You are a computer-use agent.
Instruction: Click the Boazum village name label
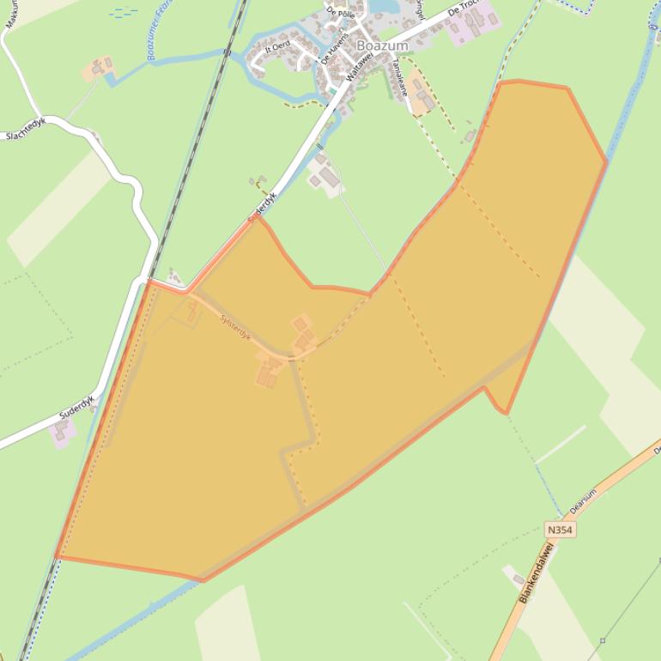click(x=382, y=45)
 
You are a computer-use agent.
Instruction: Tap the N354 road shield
click(x=559, y=531)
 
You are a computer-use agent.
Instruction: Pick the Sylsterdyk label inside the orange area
click(x=235, y=327)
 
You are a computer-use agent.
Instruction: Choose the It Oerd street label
click(x=277, y=45)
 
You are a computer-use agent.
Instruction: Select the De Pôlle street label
click(x=340, y=15)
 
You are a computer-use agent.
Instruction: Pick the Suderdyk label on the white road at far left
click(x=76, y=407)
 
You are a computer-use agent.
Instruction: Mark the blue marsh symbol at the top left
click(x=124, y=12)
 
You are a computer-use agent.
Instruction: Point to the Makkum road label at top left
click(x=11, y=15)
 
